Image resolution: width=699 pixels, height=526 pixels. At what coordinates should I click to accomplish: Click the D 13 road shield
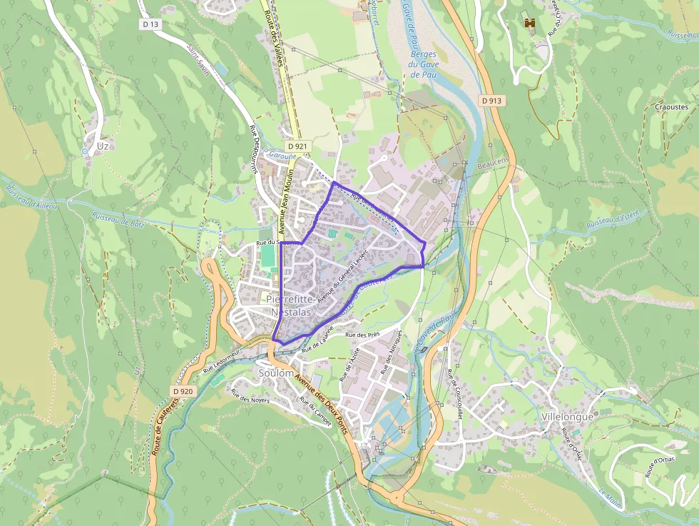(150, 24)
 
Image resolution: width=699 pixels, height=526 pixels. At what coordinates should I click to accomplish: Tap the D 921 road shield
(299, 146)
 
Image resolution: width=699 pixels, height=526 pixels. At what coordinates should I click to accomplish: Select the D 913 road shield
(492, 101)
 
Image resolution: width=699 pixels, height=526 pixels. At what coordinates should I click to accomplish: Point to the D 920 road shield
(183, 391)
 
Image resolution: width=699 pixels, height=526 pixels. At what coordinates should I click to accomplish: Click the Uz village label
(103, 146)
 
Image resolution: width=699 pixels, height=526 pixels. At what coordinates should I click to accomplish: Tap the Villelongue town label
(568, 416)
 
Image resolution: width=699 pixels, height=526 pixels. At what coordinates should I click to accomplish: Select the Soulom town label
(276, 373)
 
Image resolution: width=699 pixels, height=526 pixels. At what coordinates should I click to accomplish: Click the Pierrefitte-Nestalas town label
(290, 305)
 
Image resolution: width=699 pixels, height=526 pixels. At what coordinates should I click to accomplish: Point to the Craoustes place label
(670, 107)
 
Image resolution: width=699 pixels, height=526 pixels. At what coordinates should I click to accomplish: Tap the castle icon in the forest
(530, 24)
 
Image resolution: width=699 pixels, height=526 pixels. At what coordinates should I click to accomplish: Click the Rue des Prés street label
(362, 335)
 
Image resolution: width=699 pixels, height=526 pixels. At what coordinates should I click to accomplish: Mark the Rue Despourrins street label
(253, 150)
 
